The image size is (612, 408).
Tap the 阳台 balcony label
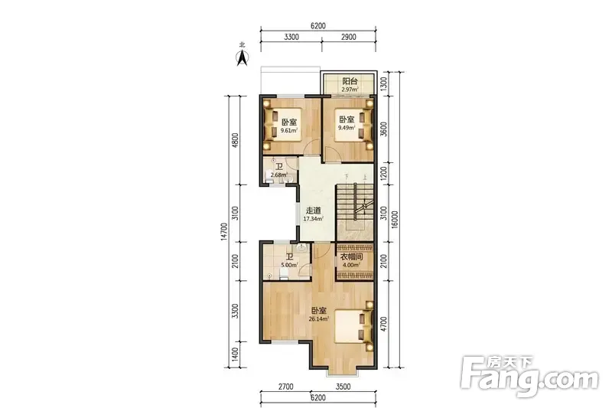point(350,81)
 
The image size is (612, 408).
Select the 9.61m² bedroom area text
point(289,130)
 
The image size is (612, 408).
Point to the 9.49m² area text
point(347,128)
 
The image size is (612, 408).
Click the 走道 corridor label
point(313,211)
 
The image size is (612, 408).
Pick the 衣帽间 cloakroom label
point(352,257)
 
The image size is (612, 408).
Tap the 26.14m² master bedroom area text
point(318,319)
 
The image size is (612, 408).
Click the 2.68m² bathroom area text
point(279,175)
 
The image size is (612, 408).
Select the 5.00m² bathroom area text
point(289,265)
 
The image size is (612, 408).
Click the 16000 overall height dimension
point(395,220)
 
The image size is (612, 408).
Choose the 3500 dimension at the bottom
point(343,387)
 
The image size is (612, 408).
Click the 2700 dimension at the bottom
point(285,387)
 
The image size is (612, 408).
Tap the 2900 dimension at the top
point(349,37)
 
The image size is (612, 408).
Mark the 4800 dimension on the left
point(235,140)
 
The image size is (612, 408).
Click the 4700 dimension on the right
point(384,324)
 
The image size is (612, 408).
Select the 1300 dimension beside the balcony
point(384,83)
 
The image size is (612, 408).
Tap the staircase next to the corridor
point(355,211)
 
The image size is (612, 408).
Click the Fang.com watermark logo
point(529,376)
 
